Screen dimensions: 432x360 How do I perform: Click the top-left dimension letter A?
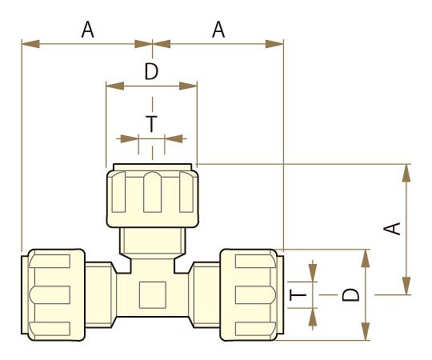coord(88,30)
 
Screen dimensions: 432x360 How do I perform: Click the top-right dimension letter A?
coord(218,30)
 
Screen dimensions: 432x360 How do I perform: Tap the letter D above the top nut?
coord(151,72)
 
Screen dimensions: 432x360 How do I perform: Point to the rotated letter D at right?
coord(350,294)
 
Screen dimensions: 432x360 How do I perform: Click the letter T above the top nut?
coord(151,124)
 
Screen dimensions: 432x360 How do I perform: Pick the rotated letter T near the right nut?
coord(298,294)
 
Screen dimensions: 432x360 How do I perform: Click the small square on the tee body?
coord(153,295)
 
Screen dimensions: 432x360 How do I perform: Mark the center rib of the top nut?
coord(152,192)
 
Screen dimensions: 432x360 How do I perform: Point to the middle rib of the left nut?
coord(50,294)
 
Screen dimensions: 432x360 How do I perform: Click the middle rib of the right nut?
coord(256,294)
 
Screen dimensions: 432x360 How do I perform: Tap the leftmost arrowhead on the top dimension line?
coord(30,44)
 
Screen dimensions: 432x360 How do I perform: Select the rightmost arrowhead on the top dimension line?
coord(274,44)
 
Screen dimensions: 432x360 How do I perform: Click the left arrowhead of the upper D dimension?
coord(115,86)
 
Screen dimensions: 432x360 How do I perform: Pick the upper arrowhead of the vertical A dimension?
coord(406,174)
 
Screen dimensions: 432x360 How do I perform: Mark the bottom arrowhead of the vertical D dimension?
coord(366,331)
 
